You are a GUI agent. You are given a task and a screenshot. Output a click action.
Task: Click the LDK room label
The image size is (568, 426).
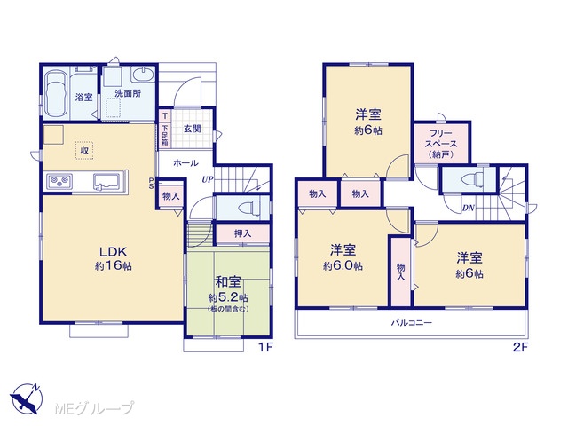pyautogui.click(x=113, y=251)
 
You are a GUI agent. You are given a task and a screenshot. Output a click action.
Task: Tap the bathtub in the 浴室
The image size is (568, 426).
pyautogui.click(x=56, y=93)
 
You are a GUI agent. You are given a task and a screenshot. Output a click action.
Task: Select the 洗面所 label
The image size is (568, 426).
pyautogui.click(x=128, y=93)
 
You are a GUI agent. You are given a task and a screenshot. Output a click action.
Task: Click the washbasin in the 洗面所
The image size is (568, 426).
pyautogui.click(x=144, y=75)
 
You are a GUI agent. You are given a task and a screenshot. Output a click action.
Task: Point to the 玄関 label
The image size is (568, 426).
pyautogui.click(x=192, y=129)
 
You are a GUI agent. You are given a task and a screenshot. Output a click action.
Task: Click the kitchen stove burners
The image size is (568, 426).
pyautogui.click(x=59, y=180)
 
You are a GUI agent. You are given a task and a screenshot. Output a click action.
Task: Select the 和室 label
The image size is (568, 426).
pyautogui.click(x=228, y=282)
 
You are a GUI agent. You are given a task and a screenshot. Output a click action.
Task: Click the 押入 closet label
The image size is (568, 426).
pyautogui.click(x=242, y=233)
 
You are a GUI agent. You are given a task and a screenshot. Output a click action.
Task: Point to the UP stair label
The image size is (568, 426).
pyautogui.click(x=208, y=179)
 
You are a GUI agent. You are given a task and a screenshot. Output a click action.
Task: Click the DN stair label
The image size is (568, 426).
pyautogui.click(x=468, y=208)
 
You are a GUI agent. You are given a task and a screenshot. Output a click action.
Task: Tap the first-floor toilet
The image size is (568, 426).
pyautogui.click(x=250, y=208)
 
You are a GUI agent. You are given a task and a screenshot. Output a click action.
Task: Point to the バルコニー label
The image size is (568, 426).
pyautogui.click(x=411, y=322)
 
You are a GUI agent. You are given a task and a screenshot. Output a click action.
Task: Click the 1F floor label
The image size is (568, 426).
pyautogui.click(x=264, y=347)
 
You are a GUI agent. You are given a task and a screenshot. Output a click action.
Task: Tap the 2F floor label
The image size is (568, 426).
pyautogui.click(x=521, y=347)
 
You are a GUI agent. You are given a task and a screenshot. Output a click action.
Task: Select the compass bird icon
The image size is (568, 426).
pyautogui.click(x=26, y=399)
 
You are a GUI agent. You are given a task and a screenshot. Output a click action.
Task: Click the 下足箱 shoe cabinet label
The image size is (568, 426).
pyautogui.click(x=165, y=136)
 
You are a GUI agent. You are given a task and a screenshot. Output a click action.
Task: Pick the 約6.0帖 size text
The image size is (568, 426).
pyautogui.click(x=343, y=266)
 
